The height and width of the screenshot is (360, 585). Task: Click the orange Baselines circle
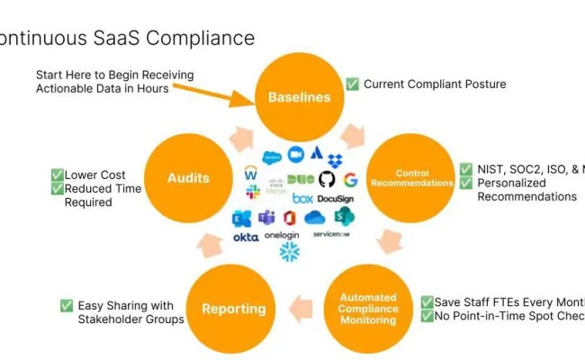[x=300, y=97]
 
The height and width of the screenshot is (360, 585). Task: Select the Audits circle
[x=188, y=177]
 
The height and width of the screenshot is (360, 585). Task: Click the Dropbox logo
[x=335, y=160]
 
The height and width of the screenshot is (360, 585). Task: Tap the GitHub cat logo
[x=327, y=179]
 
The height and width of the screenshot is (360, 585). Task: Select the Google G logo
[x=350, y=180]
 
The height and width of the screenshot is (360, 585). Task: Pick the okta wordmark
[x=246, y=237]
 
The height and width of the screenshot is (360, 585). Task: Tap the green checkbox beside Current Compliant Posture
[x=352, y=85]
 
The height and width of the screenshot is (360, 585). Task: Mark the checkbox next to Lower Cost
[x=57, y=175]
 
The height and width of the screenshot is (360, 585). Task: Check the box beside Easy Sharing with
[x=67, y=305]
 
